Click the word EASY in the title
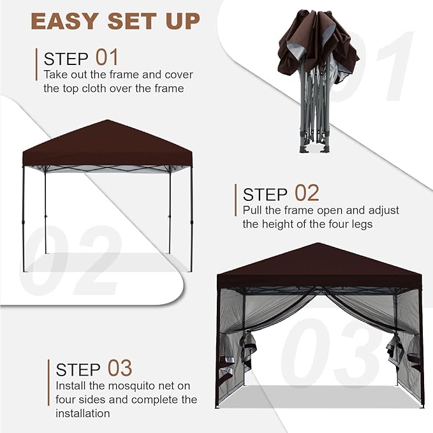(x=64, y=21)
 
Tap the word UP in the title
(x=182, y=21)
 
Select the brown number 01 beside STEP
(x=107, y=57)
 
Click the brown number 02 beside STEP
(x=307, y=193)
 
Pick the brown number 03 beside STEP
(x=120, y=368)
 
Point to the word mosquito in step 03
(x=135, y=386)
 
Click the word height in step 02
(x=277, y=224)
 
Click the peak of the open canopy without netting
(x=107, y=121)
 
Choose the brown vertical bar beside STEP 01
(x=36, y=64)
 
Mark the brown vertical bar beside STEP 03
(x=48, y=383)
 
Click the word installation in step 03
(x=83, y=413)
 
